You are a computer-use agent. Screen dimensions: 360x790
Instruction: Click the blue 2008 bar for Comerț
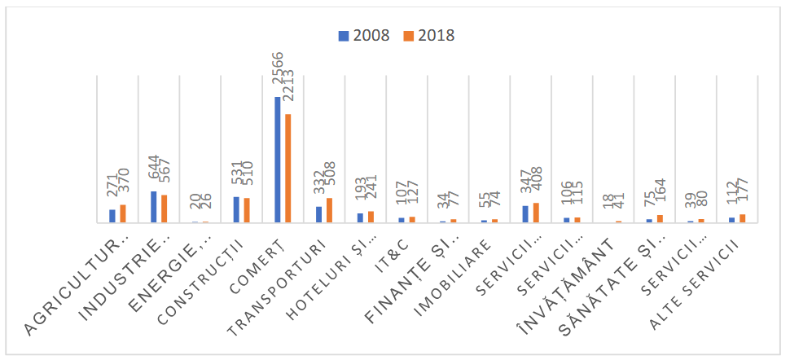click(278, 160)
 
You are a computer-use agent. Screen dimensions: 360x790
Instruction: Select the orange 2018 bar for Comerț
click(287, 168)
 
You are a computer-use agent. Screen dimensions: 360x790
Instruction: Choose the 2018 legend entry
click(429, 36)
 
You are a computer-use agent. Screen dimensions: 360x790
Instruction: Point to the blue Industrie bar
click(153, 207)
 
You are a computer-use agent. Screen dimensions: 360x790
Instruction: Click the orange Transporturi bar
click(329, 210)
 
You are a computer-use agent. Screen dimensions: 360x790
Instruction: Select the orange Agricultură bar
click(122, 213)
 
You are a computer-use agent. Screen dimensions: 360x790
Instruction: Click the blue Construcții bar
click(236, 209)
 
